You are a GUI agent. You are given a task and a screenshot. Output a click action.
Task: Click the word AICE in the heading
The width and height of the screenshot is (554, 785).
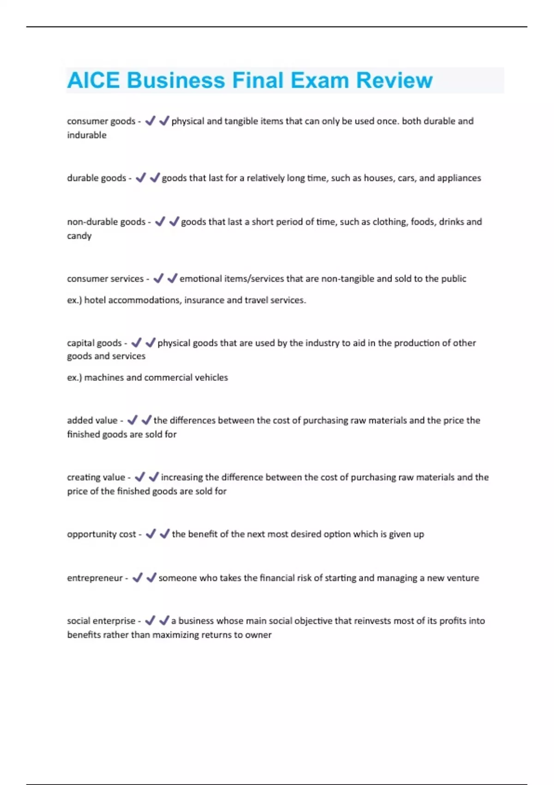point(93,80)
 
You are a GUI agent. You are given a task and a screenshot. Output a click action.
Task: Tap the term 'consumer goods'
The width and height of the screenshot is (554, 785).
point(101,121)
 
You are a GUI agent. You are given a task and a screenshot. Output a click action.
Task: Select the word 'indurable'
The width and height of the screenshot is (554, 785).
point(87,135)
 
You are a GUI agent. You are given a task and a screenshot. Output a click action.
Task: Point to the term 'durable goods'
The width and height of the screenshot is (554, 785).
point(96,178)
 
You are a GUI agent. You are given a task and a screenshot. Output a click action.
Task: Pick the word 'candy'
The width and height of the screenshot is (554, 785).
point(79,236)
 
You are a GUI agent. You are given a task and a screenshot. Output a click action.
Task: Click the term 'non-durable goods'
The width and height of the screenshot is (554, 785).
point(106,222)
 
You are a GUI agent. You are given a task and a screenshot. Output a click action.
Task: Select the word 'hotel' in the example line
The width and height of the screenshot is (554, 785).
point(95,300)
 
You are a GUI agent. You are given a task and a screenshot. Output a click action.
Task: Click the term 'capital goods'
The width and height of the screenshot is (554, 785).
point(94,343)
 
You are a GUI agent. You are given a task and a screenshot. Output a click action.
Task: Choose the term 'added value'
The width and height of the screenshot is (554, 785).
point(92,420)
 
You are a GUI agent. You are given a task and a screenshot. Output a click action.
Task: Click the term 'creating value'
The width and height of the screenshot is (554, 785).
point(96,477)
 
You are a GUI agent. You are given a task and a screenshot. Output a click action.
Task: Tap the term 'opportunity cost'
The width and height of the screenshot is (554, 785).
point(102,534)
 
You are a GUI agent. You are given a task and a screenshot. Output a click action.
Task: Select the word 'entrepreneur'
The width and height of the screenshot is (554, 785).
point(95,578)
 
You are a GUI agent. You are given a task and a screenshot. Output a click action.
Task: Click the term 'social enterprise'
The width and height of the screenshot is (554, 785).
point(101,621)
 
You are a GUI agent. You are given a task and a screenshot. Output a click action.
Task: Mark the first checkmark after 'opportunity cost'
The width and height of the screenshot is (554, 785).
point(151,534)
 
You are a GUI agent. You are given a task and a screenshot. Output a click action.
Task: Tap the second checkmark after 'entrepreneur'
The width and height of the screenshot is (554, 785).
point(151,577)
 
